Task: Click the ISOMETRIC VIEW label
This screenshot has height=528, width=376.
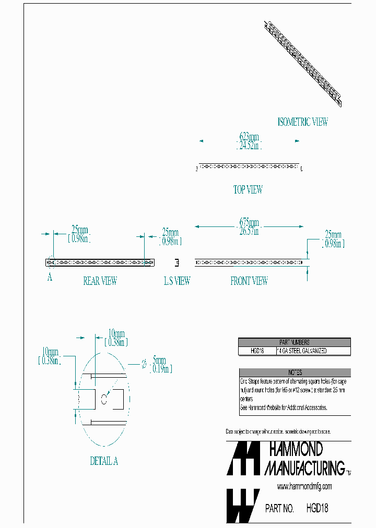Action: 303,122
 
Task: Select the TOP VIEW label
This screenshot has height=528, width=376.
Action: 248,190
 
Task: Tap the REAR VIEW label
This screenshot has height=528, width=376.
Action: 100,281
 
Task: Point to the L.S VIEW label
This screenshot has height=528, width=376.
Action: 177,281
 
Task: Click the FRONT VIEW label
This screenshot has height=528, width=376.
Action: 249,281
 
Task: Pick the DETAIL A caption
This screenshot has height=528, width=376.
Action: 104,461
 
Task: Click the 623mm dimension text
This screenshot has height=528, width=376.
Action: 249,137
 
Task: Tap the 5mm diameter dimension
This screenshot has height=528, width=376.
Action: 159,360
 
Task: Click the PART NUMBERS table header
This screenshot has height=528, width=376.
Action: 294,342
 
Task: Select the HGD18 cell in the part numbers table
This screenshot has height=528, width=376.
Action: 257,351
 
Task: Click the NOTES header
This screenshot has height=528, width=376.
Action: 295,373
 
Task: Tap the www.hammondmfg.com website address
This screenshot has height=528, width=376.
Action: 304,486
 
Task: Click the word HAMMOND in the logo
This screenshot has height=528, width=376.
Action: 296,449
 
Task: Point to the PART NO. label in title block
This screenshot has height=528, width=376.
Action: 279,508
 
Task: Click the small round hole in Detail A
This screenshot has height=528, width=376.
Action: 103,400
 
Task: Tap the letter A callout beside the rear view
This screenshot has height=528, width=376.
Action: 50,278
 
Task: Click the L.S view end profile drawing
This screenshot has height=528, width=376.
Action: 177,262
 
